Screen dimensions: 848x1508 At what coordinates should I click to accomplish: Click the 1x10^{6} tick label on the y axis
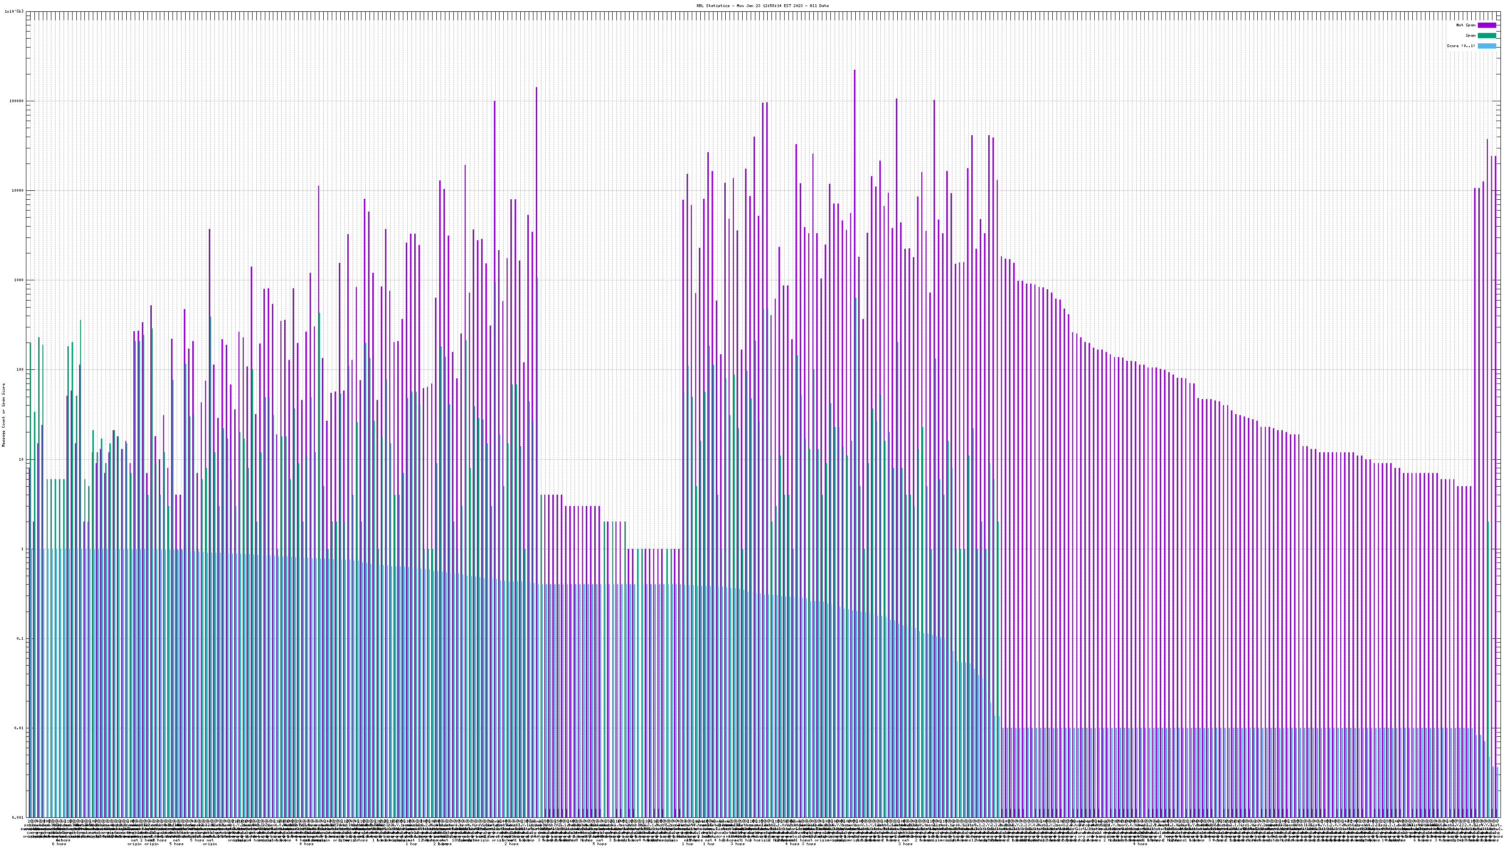click(x=14, y=11)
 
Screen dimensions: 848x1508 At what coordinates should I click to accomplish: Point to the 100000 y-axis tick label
click(x=17, y=101)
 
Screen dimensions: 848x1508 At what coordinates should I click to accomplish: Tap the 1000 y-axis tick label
click(x=19, y=280)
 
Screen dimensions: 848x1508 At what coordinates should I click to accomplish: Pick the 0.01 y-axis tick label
click(x=20, y=728)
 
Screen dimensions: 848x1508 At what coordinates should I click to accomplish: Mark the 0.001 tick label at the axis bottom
click(x=19, y=817)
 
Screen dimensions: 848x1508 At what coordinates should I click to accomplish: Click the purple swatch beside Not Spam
click(x=1486, y=25)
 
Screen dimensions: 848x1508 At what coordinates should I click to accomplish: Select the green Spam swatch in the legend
click(x=1486, y=36)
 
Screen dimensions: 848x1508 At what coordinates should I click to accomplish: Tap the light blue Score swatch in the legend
click(x=1486, y=46)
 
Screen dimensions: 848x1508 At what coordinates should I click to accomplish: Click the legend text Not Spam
click(x=1466, y=25)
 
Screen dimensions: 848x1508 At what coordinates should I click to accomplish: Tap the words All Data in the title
click(x=820, y=6)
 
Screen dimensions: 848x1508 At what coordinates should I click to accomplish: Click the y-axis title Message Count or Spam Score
click(x=3, y=415)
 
